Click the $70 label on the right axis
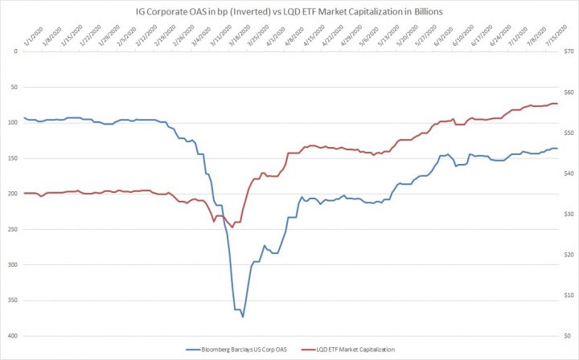(568, 51)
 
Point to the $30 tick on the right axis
(568, 214)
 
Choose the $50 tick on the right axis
(568, 133)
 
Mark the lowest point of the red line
(232, 227)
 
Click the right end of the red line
(557, 104)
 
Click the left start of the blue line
(24, 118)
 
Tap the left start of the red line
(24, 193)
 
